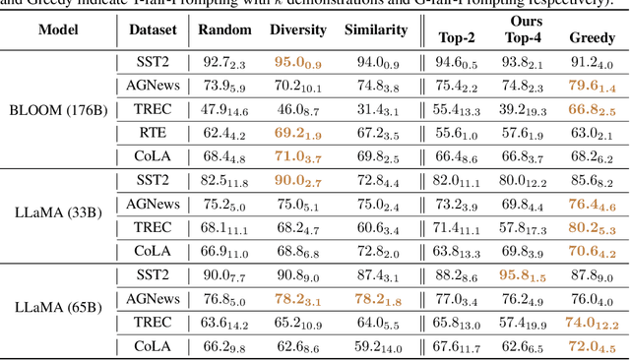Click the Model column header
pos(60,30)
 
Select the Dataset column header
pos(154,30)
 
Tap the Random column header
pos(224,30)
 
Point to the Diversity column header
pos(298,30)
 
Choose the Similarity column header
pos(376,30)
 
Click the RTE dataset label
pos(154,132)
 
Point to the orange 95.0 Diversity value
pos(298,62)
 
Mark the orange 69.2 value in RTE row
pos(298,132)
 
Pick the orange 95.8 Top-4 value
pos(524,275)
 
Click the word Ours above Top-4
pos(524,21)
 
